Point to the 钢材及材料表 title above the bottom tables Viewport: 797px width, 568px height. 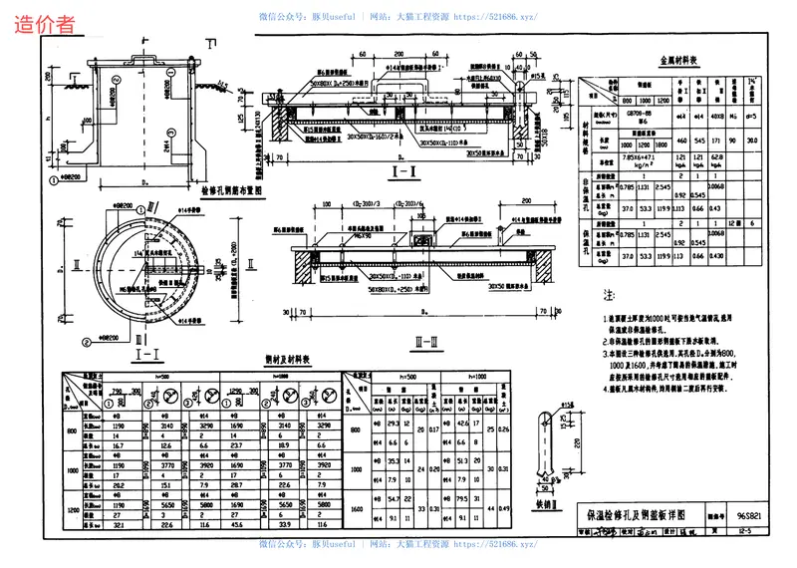click(288, 359)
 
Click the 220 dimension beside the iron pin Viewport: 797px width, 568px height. click(575, 442)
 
